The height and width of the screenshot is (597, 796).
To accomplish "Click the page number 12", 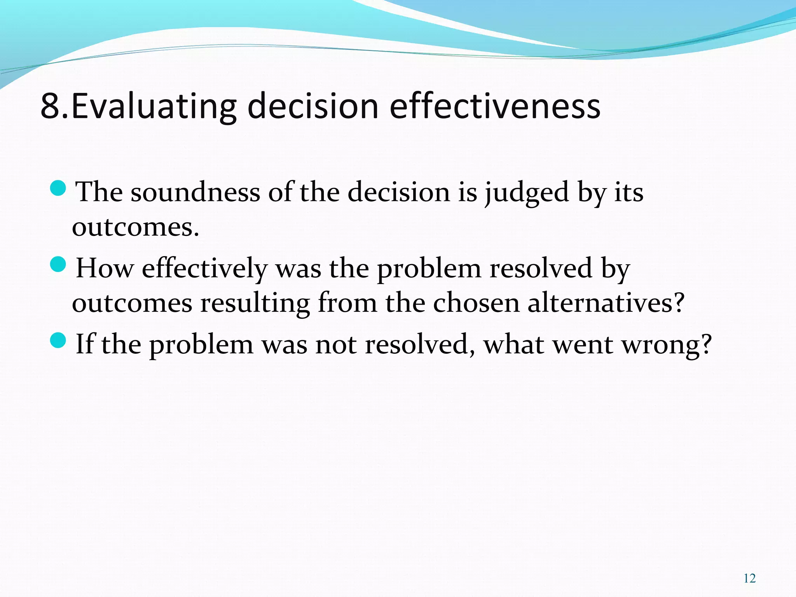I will click(749, 579).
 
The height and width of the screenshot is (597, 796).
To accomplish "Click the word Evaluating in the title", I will click(153, 106).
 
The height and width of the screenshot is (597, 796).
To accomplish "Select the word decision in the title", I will click(312, 106).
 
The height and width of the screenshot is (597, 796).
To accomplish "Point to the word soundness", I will click(195, 192).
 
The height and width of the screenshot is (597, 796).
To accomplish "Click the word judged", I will click(527, 193).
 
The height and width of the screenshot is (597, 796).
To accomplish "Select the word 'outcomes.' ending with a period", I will click(135, 227).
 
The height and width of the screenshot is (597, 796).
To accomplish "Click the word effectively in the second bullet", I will click(205, 269).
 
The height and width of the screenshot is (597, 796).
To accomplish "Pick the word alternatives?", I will click(606, 303).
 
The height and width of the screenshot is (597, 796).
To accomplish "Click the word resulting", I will click(255, 304).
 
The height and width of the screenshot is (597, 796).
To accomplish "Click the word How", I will click(104, 268).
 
